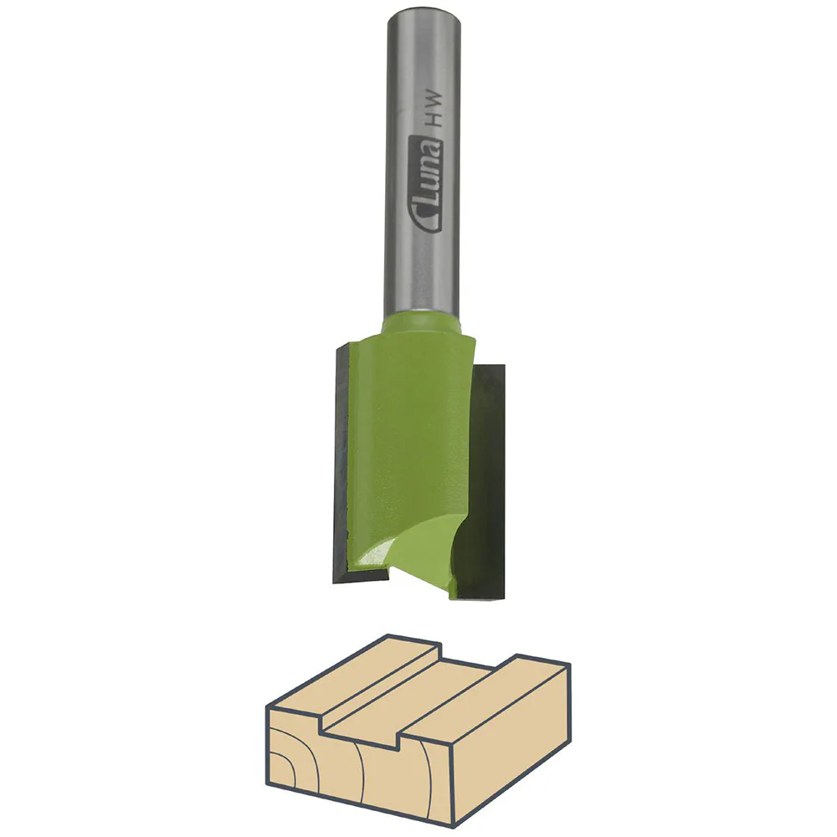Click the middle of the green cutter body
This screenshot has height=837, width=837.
click(410, 444)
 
